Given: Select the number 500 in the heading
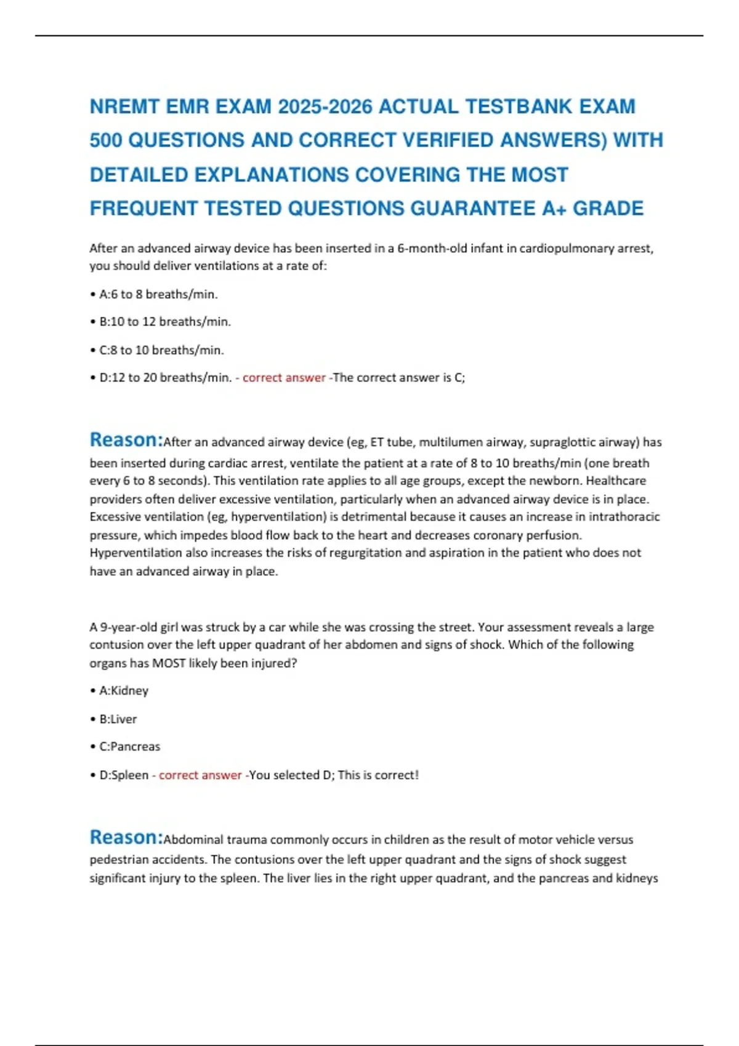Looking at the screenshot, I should (105, 140).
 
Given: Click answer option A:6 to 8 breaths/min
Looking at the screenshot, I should (158, 294).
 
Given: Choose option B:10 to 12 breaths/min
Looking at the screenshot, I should (165, 322).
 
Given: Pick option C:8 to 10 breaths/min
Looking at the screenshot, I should (161, 350).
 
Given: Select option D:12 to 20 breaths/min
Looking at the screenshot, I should (165, 378).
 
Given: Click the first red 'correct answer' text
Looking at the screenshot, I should (284, 378).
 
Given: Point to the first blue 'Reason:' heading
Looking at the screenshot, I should (126, 440).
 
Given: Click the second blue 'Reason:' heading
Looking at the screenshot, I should (126, 837).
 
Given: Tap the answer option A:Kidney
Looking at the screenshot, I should (124, 691).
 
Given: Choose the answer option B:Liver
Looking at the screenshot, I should (118, 719).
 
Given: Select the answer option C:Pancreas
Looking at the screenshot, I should (129, 747).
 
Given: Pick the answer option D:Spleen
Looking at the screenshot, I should (124, 775).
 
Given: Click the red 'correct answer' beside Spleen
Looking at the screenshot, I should (200, 775).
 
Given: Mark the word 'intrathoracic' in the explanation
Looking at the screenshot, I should (623, 517).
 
